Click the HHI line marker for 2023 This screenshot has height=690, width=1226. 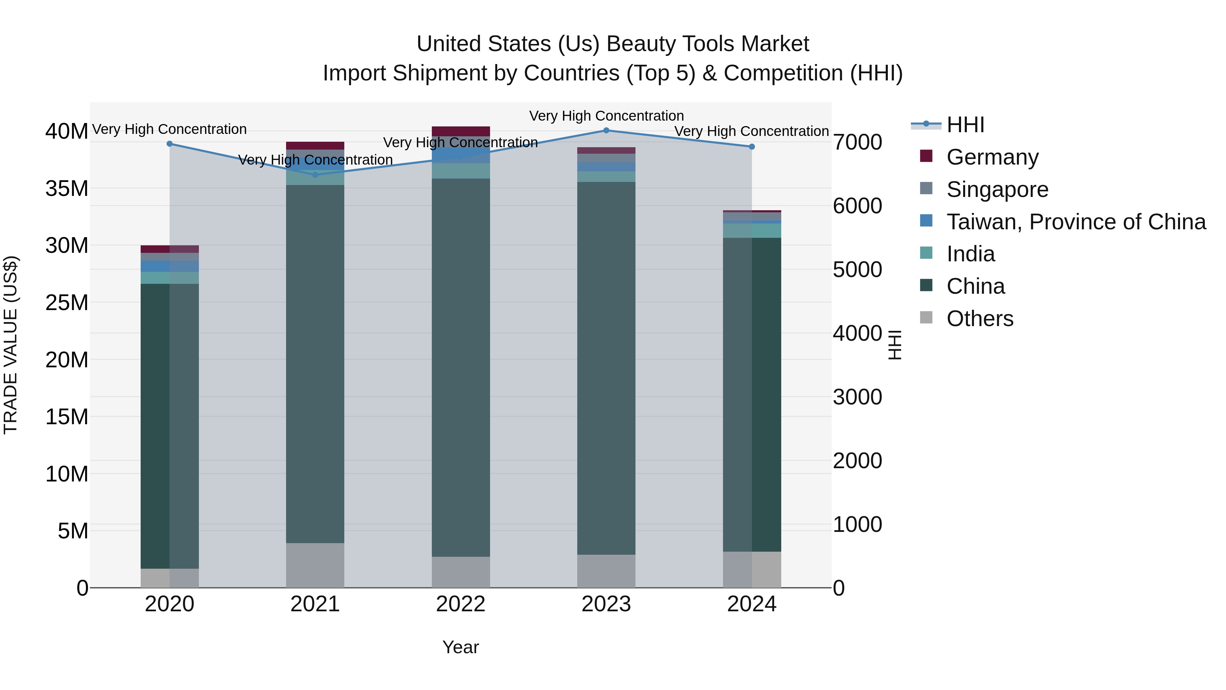[x=606, y=131]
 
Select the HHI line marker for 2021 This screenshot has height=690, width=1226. [x=315, y=175]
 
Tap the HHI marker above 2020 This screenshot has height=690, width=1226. [x=170, y=144]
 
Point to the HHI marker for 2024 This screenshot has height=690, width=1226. [x=752, y=147]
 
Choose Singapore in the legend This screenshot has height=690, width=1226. [x=997, y=189]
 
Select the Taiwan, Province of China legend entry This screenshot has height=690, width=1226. [x=1075, y=222]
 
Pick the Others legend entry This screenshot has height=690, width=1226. [x=979, y=319]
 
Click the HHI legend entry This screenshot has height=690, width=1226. [x=965, y=125]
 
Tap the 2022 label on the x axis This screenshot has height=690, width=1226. [x=460, y=604]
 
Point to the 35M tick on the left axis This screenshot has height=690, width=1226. [x=67, y=188]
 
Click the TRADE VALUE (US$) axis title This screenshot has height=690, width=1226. [x=11, y=345]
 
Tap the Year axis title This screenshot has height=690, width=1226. [x=460, y=647]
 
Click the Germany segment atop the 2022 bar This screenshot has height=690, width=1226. [x=460, y=132]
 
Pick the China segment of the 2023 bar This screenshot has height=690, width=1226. [x=606, y=367]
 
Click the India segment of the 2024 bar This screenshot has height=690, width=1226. [x=752, y=230]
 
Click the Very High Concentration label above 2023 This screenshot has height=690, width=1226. [x=606, y=116]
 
